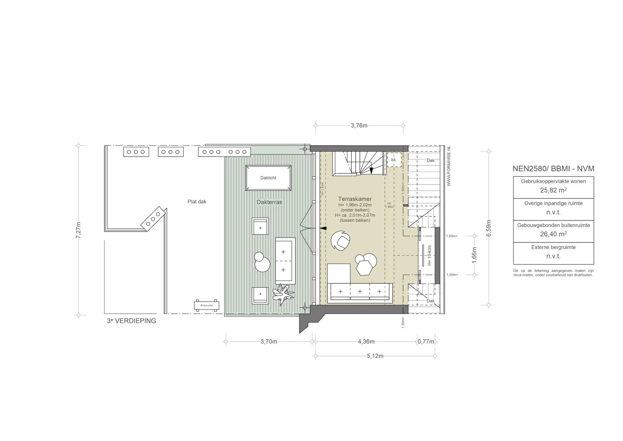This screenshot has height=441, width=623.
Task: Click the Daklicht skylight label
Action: (x=268, y=178)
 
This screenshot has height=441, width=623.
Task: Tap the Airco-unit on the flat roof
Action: (x=207, y=305)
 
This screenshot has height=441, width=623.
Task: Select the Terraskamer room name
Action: (x=355, y=199)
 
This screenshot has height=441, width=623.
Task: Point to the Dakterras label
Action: (x=269, y=202)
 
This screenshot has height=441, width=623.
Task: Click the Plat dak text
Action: (x=197, y=201)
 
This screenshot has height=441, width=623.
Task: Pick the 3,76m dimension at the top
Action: (x=359, y=125)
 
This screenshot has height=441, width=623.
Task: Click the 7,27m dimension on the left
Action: (x=78, y=230)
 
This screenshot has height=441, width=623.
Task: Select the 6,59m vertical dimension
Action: (x=489, y=228)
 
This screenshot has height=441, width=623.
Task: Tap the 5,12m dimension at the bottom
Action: (x=375, y=356)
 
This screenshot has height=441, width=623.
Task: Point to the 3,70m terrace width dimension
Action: (x=269, y=341)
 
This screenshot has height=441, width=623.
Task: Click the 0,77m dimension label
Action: (x=426, y=341)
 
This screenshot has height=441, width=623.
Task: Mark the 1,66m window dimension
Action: (x=474, y=255)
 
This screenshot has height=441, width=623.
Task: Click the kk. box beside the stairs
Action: (x=394, y=160)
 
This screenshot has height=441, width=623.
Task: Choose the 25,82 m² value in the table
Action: (x=553, y=191)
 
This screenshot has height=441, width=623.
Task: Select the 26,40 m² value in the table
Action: (x=553, y=234)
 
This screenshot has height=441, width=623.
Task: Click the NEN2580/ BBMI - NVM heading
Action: (x=553, y=169)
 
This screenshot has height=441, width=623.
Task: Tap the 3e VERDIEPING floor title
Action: (x=131, y=321)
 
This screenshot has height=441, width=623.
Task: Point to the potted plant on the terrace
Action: (x=283, y=294)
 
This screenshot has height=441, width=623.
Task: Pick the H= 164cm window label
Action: (x=430, y=256)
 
